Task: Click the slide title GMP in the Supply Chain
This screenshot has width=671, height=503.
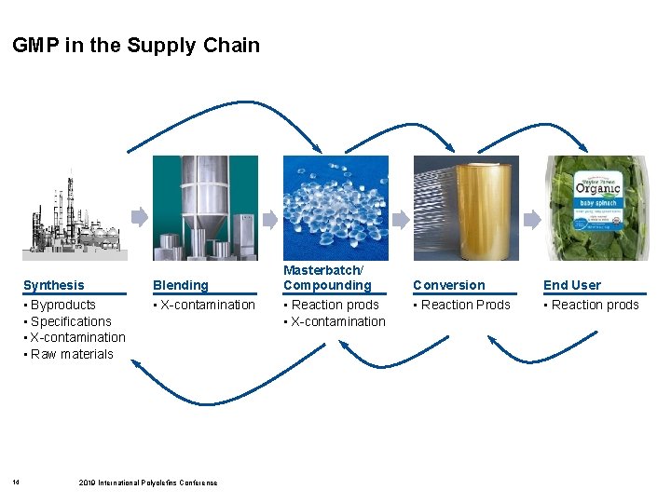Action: pos(136,46)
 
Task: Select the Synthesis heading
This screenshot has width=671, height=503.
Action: pos(53,285)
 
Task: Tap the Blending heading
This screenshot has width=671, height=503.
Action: pos(181,285)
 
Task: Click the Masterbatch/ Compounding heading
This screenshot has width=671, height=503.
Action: pos(327,278)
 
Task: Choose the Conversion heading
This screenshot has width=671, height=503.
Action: pos(449,285)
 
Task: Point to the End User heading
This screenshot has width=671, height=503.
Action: pos(572,285)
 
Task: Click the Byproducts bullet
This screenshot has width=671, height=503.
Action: pos(63,305)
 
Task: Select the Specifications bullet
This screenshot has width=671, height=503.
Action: pos(71,321)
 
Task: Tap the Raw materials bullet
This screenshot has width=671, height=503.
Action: pos(72,354)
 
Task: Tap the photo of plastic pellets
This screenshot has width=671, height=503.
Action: pos(335,208)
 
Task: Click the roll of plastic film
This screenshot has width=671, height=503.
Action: pos(466,208)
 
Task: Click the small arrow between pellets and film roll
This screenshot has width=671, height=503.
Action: pos(400,219)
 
